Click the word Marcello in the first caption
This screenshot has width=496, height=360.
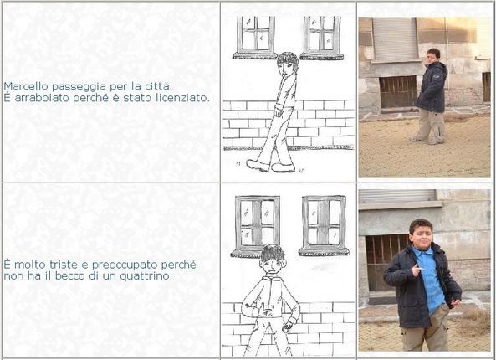coord(26,86)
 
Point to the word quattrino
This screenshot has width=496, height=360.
coord(146,276)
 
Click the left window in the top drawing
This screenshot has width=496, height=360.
coord(255,38)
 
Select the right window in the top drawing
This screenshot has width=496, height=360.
coord(322,38)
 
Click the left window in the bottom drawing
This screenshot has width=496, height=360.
coord(257,225)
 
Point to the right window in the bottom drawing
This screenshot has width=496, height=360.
coord(324,225)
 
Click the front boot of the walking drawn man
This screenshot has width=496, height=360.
coord(258,165)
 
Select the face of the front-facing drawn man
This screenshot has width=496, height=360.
coord(272,266)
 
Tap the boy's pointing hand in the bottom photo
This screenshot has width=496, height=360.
coord(417,270)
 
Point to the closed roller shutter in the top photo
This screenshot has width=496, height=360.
coord(395,39)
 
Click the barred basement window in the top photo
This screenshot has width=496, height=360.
coord(398,91)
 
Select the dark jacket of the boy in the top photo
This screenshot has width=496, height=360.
coord(432,87)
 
